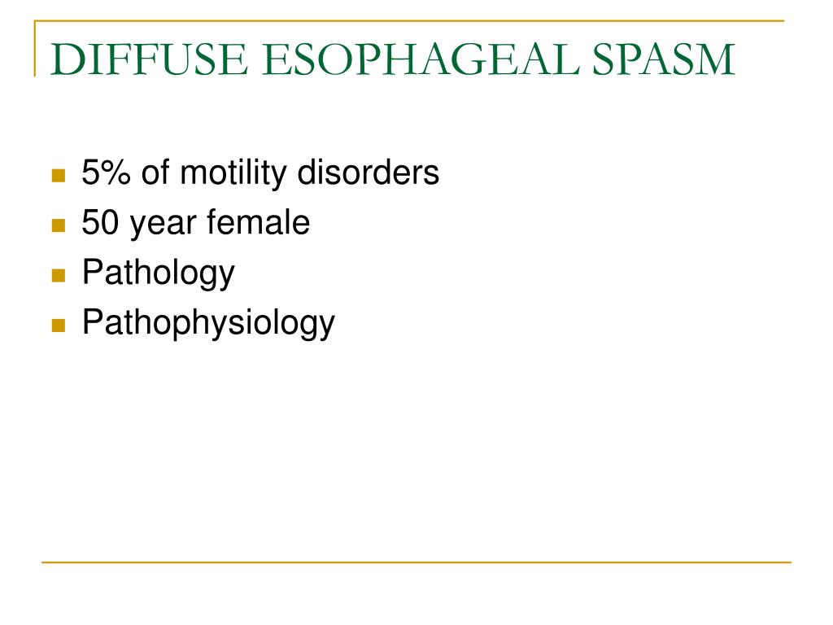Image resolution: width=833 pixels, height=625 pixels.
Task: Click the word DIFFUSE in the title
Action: click(137, 60)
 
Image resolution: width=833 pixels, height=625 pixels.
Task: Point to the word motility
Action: click(236, 173)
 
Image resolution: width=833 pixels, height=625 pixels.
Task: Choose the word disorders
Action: click(369, 173)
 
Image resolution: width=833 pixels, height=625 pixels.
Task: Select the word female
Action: click(258, 222)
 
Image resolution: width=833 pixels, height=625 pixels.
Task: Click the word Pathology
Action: click(158, 273)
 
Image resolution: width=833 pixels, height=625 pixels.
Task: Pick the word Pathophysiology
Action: click(208, 324)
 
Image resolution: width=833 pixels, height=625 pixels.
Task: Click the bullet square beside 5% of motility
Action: click(58, 175)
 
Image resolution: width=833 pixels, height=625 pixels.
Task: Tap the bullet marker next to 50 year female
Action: click(58, 225)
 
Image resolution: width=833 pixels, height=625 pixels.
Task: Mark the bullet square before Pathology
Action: click(58, 275)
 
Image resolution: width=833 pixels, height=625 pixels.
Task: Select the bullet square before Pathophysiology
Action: click(58, 326)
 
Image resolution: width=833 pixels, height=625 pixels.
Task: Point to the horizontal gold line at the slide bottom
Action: click(416, 562)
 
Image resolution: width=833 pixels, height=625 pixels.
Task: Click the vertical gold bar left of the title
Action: click(35, 49)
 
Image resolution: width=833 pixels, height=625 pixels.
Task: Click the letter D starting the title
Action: click(65, 60)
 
